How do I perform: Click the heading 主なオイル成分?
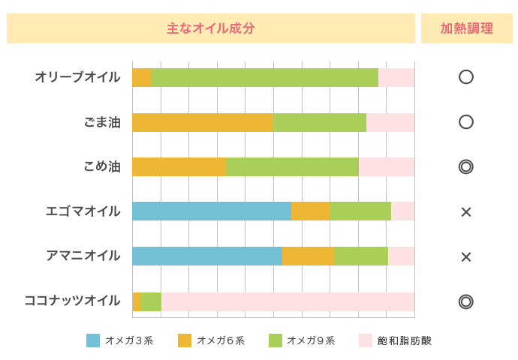coord(211,28)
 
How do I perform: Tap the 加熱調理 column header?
coord(466,28)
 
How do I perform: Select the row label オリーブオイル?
coord(77,77)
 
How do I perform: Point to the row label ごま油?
coord(102,122)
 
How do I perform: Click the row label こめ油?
coord(102,166)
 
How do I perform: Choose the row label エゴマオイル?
coord(83,211)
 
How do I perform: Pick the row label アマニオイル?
coord(83,256)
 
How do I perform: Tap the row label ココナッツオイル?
coord(72,301)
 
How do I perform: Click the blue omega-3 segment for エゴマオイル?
coord(211,211)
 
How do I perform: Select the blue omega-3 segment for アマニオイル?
coord(206,256)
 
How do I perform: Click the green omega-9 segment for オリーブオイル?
coord(264,77)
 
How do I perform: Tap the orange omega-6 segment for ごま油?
coord(202,122)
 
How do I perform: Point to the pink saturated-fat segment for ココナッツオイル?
coord(288,301)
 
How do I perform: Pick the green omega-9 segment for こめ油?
coord(292,166)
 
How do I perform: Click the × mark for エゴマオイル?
coord(466,212)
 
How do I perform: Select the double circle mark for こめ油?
coord(466,166)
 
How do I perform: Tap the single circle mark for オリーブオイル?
coord(466,77)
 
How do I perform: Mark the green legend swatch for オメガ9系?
coord(276,340)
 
